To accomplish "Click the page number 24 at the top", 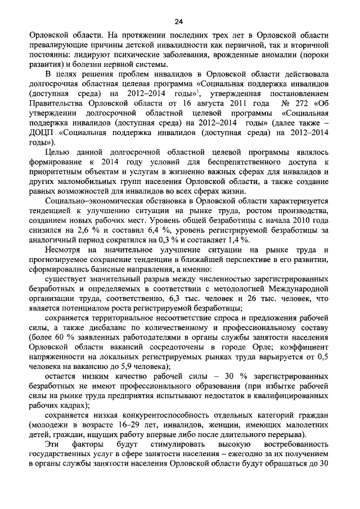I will pos(179,22).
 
